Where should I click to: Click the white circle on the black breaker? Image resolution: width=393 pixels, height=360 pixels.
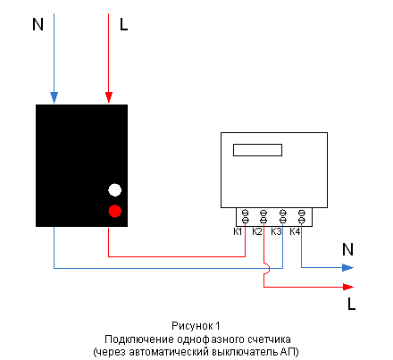(x=114, y=190)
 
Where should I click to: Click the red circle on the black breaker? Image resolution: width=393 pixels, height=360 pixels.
(x=114, y=211)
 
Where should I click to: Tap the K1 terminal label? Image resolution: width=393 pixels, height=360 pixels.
(x=238, y=231)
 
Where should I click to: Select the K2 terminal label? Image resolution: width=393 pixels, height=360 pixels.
(x=257, y=231)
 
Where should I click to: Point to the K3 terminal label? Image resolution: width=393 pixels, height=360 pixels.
(x=276, y=231)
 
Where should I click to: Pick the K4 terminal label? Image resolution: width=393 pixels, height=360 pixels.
(x=295, y=231)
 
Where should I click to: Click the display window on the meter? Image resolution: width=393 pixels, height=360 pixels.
(x=257, y=150)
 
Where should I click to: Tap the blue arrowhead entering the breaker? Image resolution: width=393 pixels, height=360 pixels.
(x=54, y=97)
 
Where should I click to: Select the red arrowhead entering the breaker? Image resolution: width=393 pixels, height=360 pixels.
(x=109, y=97)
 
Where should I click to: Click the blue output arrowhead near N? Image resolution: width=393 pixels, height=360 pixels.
(x=347, y=267)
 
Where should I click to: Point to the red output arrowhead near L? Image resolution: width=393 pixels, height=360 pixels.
(x=348, y=287)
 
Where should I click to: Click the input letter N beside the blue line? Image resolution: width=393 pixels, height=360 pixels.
(x=38, y=24)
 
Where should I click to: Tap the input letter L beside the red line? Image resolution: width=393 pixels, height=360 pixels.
(x=123, y=24)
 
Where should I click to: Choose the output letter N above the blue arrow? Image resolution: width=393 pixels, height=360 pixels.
(x=347, y=249)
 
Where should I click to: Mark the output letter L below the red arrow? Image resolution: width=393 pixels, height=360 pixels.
(x=352, y=304)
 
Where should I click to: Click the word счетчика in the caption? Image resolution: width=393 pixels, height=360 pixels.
(x=269, y=339)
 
